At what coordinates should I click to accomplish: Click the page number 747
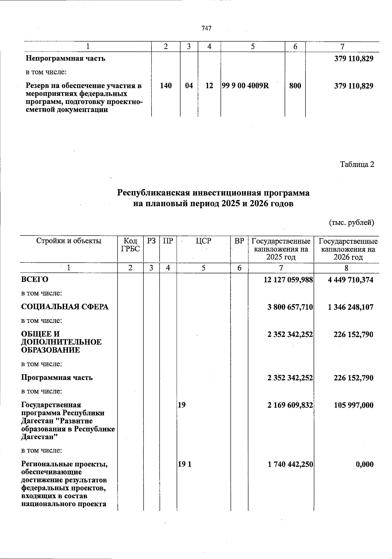click(x=206, y=28)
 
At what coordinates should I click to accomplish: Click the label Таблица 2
click(x=357, y=164)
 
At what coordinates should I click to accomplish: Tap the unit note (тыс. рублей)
click(x=351, y=223)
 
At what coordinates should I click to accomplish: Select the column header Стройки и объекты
click(x=69, y=241)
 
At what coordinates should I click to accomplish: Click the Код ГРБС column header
click(x=130, y=245)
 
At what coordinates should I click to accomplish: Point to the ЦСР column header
click(x=204, y=241)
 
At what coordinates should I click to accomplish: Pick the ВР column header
click(x=239, y=241)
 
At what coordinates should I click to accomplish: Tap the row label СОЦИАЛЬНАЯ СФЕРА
click(x=65, y=307)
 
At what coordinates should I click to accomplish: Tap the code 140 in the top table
click(x=166, y=86)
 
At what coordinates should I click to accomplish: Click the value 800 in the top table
click(x=295, y=86)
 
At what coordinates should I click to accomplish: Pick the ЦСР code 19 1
click(x=185, y=464)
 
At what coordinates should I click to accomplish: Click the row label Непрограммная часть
click(x=65, y=59)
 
